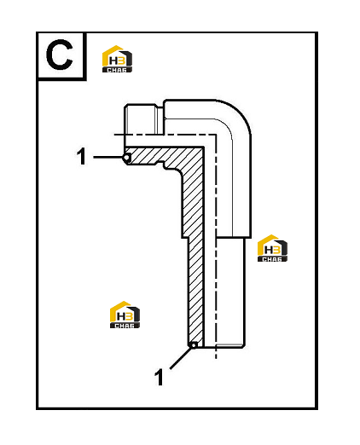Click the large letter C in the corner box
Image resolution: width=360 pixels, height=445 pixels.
pyautogui.click(x=59, y=55)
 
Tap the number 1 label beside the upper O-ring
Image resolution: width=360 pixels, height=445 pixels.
pyautogui.click(x=82, y=156)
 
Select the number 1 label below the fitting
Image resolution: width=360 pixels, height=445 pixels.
pyautogui.click(x=159, y=377)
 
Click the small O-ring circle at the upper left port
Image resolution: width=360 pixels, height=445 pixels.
pyautogui.click(x=127, y=158)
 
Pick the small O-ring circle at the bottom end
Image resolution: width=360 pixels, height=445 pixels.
pyautogui.click(x=194, y=345)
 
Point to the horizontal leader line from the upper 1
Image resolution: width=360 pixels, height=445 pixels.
pyautogui.click(x=108, y=157)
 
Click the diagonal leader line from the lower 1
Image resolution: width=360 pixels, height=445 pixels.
pyautogui.click(x=180, y=358)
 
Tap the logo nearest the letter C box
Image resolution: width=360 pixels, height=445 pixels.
pyautogui.click(x=117, y=59)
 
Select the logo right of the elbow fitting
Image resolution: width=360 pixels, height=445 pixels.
pyautogui.click(x=272, y=248)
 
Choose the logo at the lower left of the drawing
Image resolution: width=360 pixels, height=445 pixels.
pyautogui.click(x=125, y=315)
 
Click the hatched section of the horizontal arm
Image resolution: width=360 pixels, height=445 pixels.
pyautogui.click(x=160, y=156)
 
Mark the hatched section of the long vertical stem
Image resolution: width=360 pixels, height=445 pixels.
pyautogui.click(x=195, y=256)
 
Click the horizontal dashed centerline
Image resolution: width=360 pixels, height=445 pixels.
pyautogui.click(x=165, y=135)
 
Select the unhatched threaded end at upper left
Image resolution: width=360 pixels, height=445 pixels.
pyautogui.click(x=140, y=119)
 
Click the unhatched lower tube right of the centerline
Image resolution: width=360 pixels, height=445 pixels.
pyautogui.click(x=230, y=292)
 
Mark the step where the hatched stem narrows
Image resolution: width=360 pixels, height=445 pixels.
pyautogui.click(x=185, y=238)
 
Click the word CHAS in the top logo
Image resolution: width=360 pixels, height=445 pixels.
pyautogui.click(x=117, y=70)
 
